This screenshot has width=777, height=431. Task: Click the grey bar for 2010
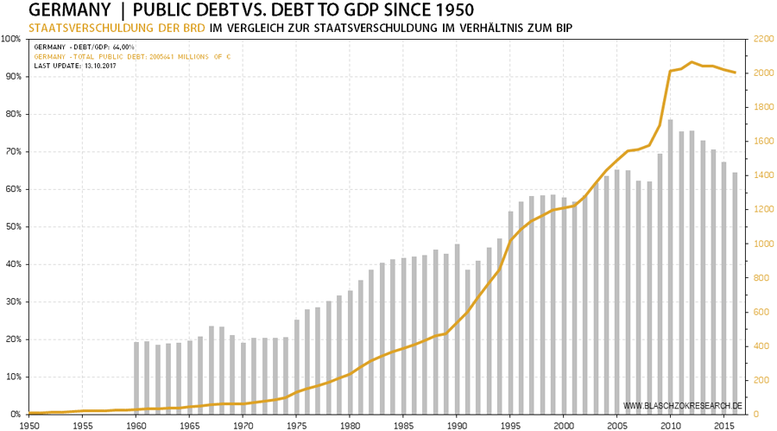[671, 267]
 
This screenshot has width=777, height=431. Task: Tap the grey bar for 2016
[735, 293]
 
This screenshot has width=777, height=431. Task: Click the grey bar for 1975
[297, 366]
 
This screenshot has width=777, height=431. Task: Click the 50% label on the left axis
[12, 227]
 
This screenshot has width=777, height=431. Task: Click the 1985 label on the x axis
[403, 426]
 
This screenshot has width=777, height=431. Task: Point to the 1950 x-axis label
[29, 426]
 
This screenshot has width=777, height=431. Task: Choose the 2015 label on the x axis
[723, 426]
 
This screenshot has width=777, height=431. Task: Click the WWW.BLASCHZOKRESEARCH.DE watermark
[682, 405]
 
